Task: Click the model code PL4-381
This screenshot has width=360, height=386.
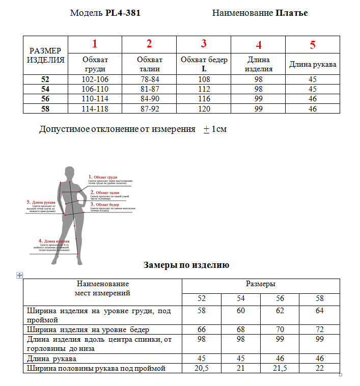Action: click(x=123, y=13)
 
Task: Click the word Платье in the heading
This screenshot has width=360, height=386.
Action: click(x=291, y=13)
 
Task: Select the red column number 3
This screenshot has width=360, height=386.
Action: click(x=204, y=43)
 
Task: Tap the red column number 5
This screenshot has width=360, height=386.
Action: click(x=313, y=44)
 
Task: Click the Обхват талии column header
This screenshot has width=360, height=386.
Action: click(x=149, y=64)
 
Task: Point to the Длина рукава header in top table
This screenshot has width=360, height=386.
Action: click(x=313, y=65)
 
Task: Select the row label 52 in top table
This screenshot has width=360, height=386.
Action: click(x=46, y=79)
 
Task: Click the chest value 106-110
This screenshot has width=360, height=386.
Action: click(x=95, y=89)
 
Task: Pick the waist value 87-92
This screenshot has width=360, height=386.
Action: click(x=149, y=109)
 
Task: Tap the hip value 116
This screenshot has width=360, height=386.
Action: click(x=204, y=99)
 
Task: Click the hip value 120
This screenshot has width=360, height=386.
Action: click(x=204, y=109)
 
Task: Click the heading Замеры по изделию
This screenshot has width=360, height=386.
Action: click(x=186, y=265)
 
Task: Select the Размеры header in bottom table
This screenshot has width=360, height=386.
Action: click(x=261, y=284)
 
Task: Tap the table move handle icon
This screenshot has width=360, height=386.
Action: click(x=20, y=275)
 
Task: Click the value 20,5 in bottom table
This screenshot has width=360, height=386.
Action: click(x=202, y=368)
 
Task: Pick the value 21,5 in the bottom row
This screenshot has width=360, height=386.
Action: click(x=280, y=368)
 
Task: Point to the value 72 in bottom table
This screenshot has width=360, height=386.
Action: click(x=319, y=329)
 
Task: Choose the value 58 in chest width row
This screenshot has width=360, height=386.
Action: click(x=202, y=310)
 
